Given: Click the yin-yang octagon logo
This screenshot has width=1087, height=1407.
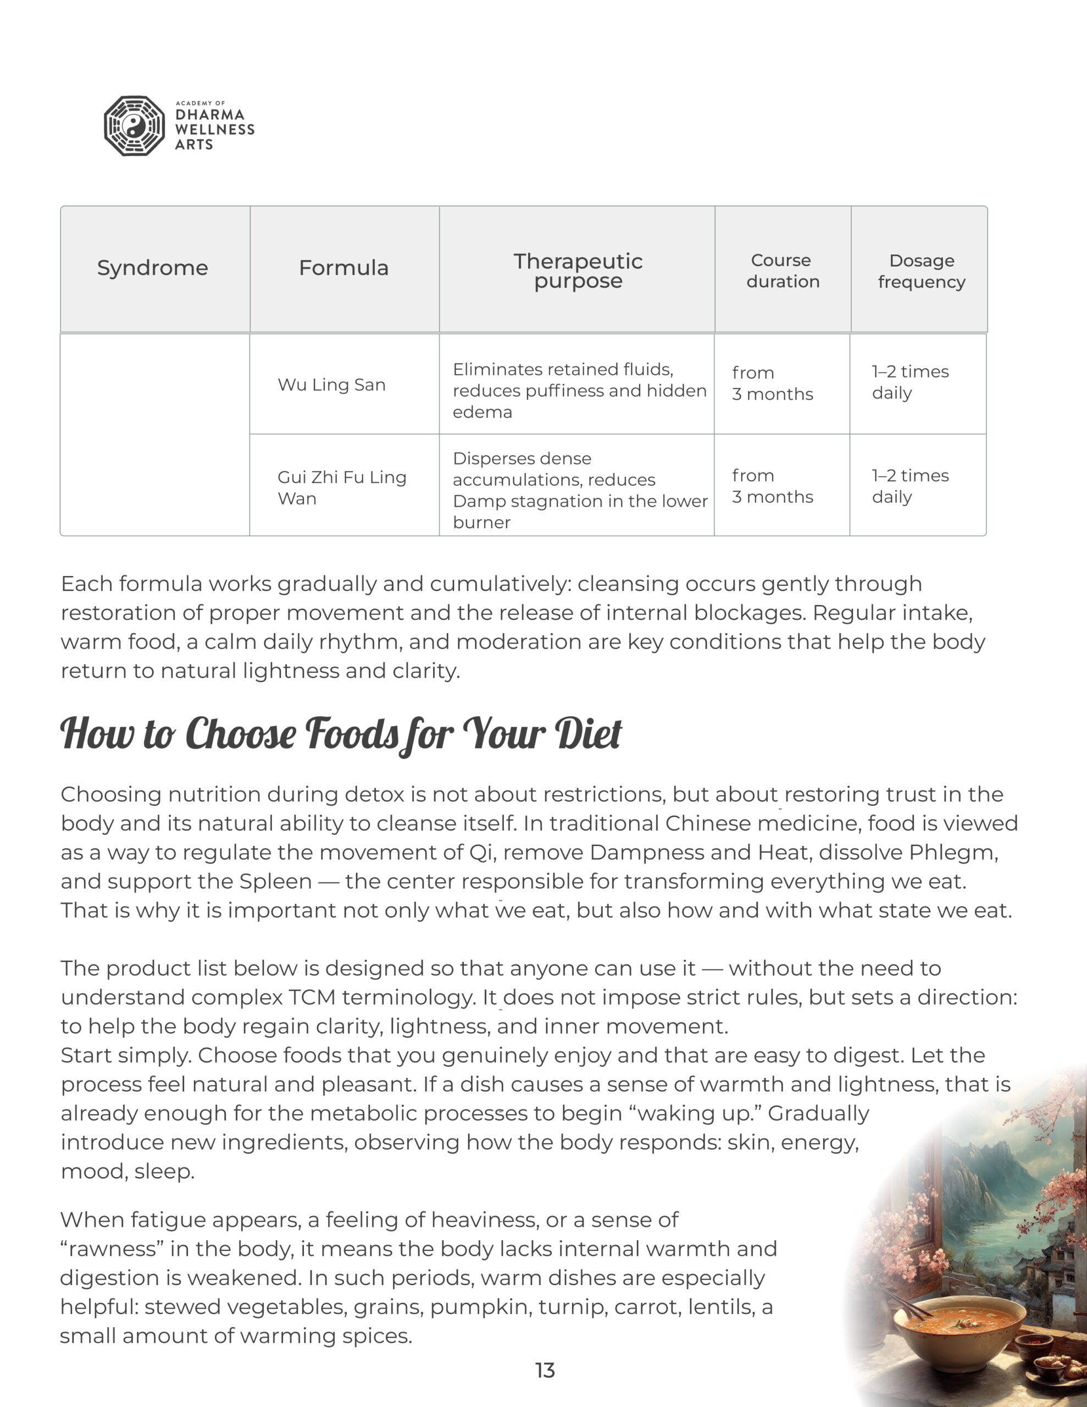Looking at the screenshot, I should pyautogui.click(x=134, y=126).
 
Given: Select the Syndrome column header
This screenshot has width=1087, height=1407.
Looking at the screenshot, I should pyautogui.click(x=153, y=268).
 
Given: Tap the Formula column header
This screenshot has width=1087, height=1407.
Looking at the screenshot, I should pyautogui.click(x=343, y=268).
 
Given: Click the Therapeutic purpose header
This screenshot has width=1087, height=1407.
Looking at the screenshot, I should pyautogui.click(x=578, y=270).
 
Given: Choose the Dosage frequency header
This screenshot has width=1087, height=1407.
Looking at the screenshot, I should pyautogui.click(x=922, y=270).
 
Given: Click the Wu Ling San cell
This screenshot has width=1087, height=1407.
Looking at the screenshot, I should pyautogui.click(x=331, y=385).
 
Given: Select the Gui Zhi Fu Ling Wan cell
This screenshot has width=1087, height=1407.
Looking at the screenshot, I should pyautogui.click(x=341, y=488).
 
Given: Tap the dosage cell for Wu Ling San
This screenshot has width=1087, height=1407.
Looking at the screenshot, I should pyautogui.click(x=910, y=382).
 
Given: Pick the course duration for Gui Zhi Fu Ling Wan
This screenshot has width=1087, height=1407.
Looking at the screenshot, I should pyautogui.click(x=772, y=486).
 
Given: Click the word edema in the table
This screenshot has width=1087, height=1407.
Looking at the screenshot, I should pyautogui.click(x=482, y=412).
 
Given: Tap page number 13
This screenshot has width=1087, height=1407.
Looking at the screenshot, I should pyautogui.click(x=545, y=1370).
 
